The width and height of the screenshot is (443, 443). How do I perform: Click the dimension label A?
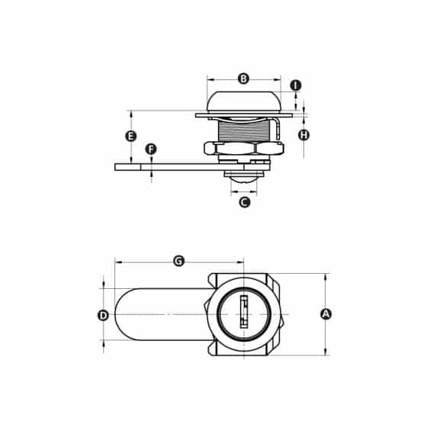click(x=326, y=314)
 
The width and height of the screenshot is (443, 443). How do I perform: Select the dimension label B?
click(x=243, y=79)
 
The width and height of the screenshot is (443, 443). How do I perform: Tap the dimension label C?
click(x=244, y=202)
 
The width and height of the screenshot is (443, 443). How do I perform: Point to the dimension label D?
click(x=103, y=315)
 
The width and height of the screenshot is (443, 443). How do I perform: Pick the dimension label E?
click(x=130, y=136)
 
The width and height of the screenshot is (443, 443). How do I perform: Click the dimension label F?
click(x=151, y=149)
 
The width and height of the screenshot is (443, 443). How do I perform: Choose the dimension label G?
click(x=179, y=261)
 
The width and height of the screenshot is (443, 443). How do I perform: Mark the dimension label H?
click(x=303, y=135)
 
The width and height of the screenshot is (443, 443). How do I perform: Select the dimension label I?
click(x=296, y=85)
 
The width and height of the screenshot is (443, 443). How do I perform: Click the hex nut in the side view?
click(x=243, y=149)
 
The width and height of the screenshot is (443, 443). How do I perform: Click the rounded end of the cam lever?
click(x=124, y=315)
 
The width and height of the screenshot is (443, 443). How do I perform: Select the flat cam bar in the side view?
click(x=160, y=166)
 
